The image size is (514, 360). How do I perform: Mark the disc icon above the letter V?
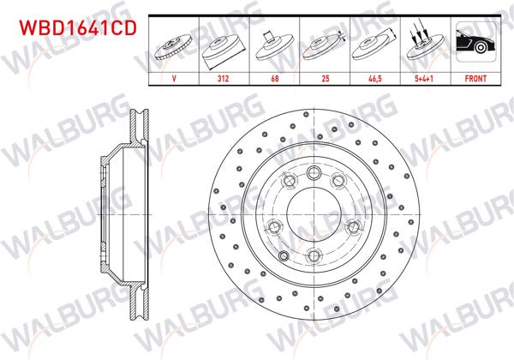174,47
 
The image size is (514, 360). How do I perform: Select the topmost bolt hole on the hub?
314,168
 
